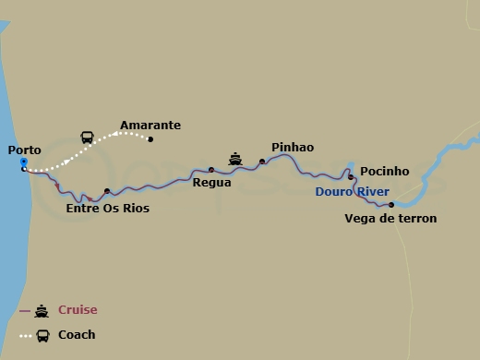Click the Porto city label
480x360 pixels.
(x=24, y=150)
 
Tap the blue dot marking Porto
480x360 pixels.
(x=24, y=162)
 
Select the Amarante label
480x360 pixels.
(x=150, y=126)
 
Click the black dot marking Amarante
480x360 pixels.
(x=150, y=139)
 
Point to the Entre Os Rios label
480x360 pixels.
(x=108, y=209)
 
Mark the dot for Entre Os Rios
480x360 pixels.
(x=107, y=191)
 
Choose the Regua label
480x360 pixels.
(x=211, y=183)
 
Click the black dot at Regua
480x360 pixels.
(x=211, y=169)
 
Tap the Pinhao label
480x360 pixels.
(x=293, y=148)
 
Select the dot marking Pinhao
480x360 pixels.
(x=262, y=162)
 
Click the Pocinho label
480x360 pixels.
(x=384, y=171)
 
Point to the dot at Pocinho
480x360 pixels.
(x=351, y=176)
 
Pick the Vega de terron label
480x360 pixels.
(x=390, y=219)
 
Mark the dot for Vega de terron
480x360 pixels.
(x=391, y=204)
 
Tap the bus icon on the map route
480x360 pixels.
(x=87, y=137)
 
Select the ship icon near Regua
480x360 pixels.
(x=235, y=158)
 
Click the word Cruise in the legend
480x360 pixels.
(x=78, y=310)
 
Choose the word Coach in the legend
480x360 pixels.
(x=77, y=335)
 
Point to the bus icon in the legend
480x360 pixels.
(x=42, y=335)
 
